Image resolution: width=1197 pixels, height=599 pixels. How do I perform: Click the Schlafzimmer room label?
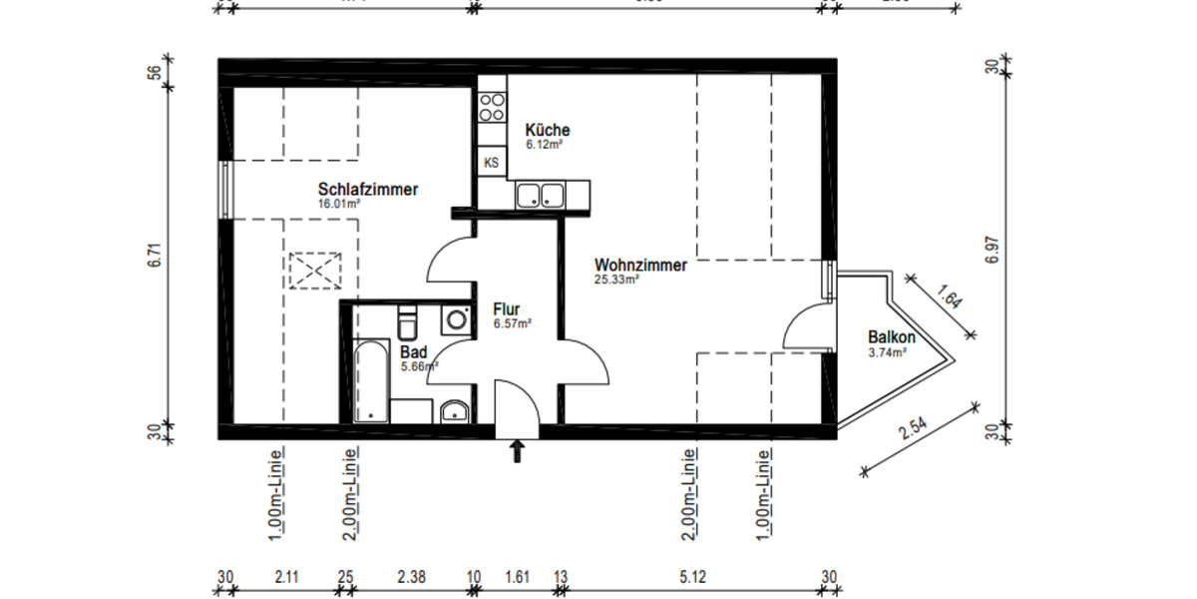coord(368,190)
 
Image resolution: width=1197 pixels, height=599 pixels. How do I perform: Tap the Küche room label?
coord(548,130)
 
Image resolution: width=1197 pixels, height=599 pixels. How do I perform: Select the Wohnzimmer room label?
coord(640,266)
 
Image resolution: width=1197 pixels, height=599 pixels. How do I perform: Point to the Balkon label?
coord(891,337)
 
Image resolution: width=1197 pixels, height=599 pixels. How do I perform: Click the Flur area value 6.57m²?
coord(512,323)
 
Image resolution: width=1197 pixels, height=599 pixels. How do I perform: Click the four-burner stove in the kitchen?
coord(491,106)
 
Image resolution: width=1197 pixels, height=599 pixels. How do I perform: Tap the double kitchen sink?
coord(539,195)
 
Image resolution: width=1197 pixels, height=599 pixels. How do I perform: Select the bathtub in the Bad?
coord(370,380)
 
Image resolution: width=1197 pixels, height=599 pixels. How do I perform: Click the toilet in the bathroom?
coord(407,324)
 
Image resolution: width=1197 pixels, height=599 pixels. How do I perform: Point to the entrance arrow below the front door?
coord(517,451)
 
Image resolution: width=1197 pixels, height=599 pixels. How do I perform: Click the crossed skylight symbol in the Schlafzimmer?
coord(313,270)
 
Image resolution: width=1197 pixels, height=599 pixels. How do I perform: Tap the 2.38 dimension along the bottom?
coord(410,577)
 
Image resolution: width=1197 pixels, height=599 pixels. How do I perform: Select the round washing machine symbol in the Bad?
coord(456,319)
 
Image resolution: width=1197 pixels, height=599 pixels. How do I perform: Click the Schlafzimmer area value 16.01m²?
coord(338,203)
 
